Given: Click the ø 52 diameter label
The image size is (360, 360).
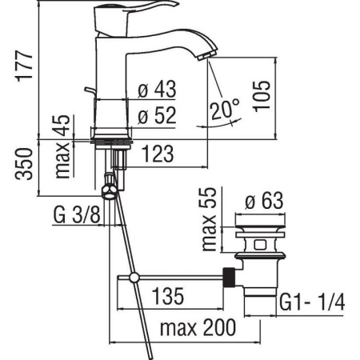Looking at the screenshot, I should [156, 115].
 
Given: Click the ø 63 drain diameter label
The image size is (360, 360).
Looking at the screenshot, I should [264, 202].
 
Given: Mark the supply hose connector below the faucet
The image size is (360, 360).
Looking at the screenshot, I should [109, 190].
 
